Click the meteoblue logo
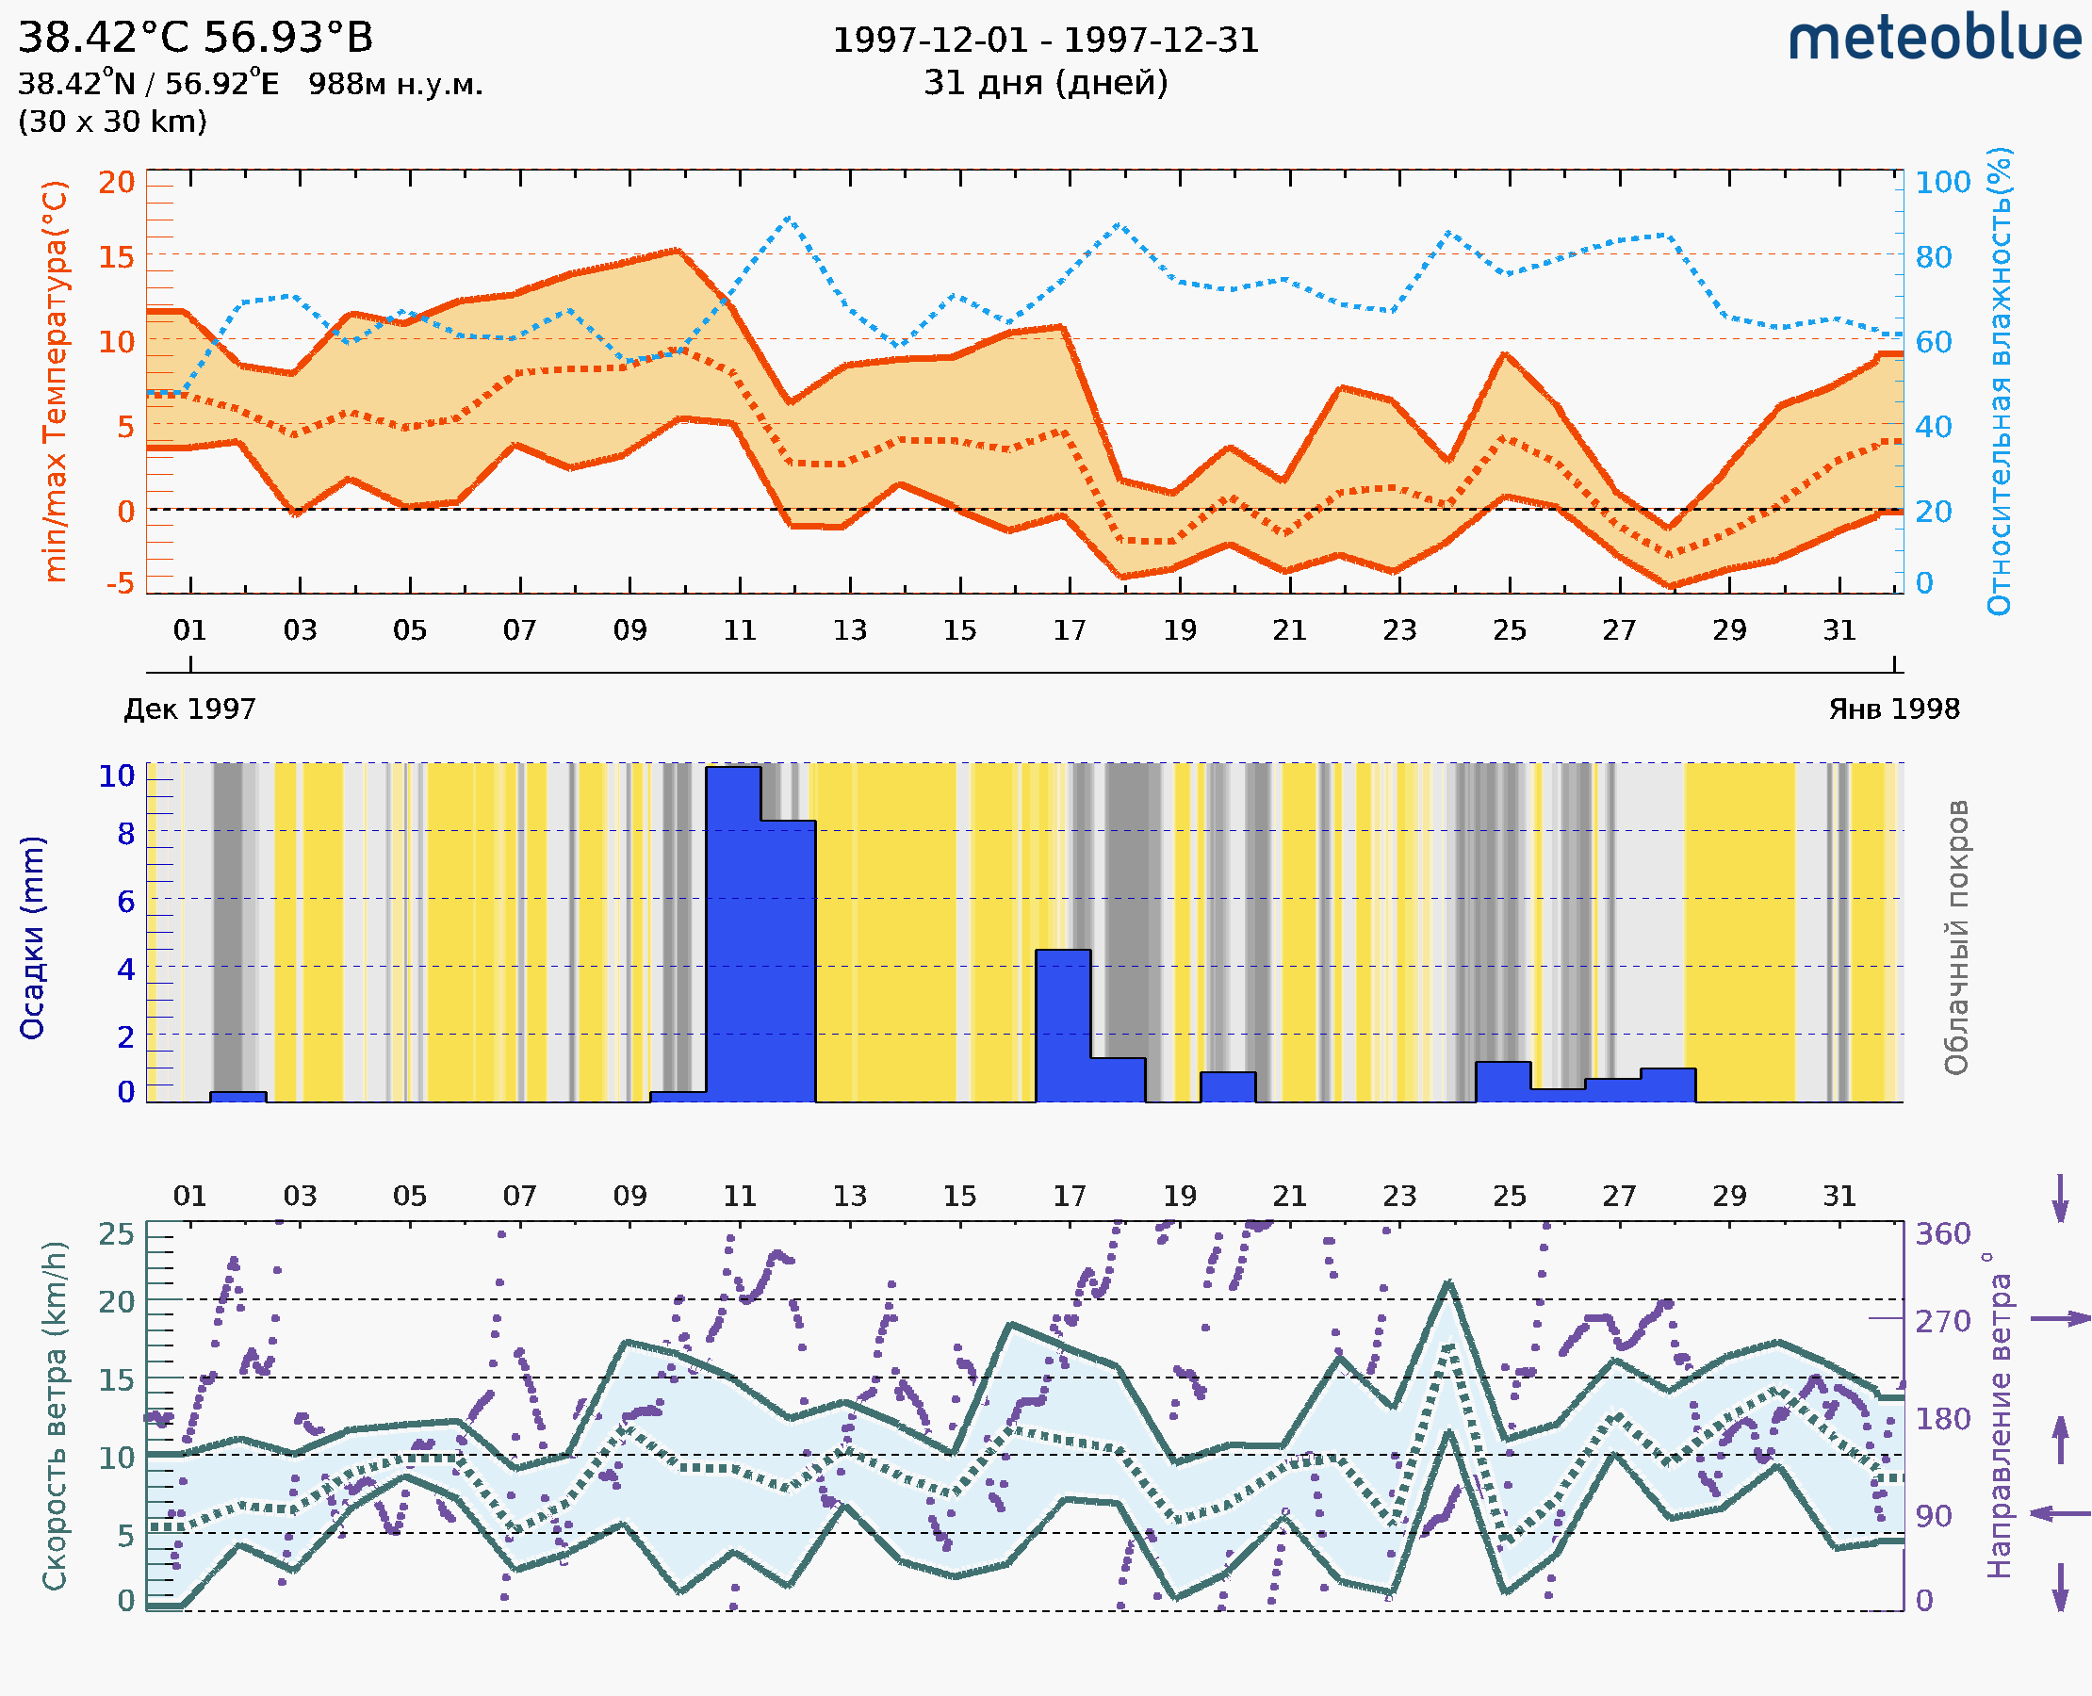click(x=1935, y=39)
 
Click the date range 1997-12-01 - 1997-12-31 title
click(x=1045, y=41)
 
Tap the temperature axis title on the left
click(x=56, y=381)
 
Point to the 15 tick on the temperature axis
click(x=116, y=257)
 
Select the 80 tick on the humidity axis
click(x=1933, y=257)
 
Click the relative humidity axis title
click(x=1999, y=381)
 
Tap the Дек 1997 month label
click(x=189, y=709)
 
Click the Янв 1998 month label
click(x=1894, y=709)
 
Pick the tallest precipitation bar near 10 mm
click(x=733, y=933)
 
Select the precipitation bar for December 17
click(x=1063, y=1025)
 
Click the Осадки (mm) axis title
click(x=32, y=938)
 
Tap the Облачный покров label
click(x=1955, y=938)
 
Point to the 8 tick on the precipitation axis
click(x=125, y=833)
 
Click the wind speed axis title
click(x=55, y=1415)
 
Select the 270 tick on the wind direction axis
click(x=1942, y=1321)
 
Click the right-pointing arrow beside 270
click(x=2060, y=1319)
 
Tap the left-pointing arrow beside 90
click(x=2060, y=1513)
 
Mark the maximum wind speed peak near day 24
click(x=1448, y=1282)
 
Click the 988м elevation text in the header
click(x=395, y=84)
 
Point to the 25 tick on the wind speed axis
click(x=116, y=1234)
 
